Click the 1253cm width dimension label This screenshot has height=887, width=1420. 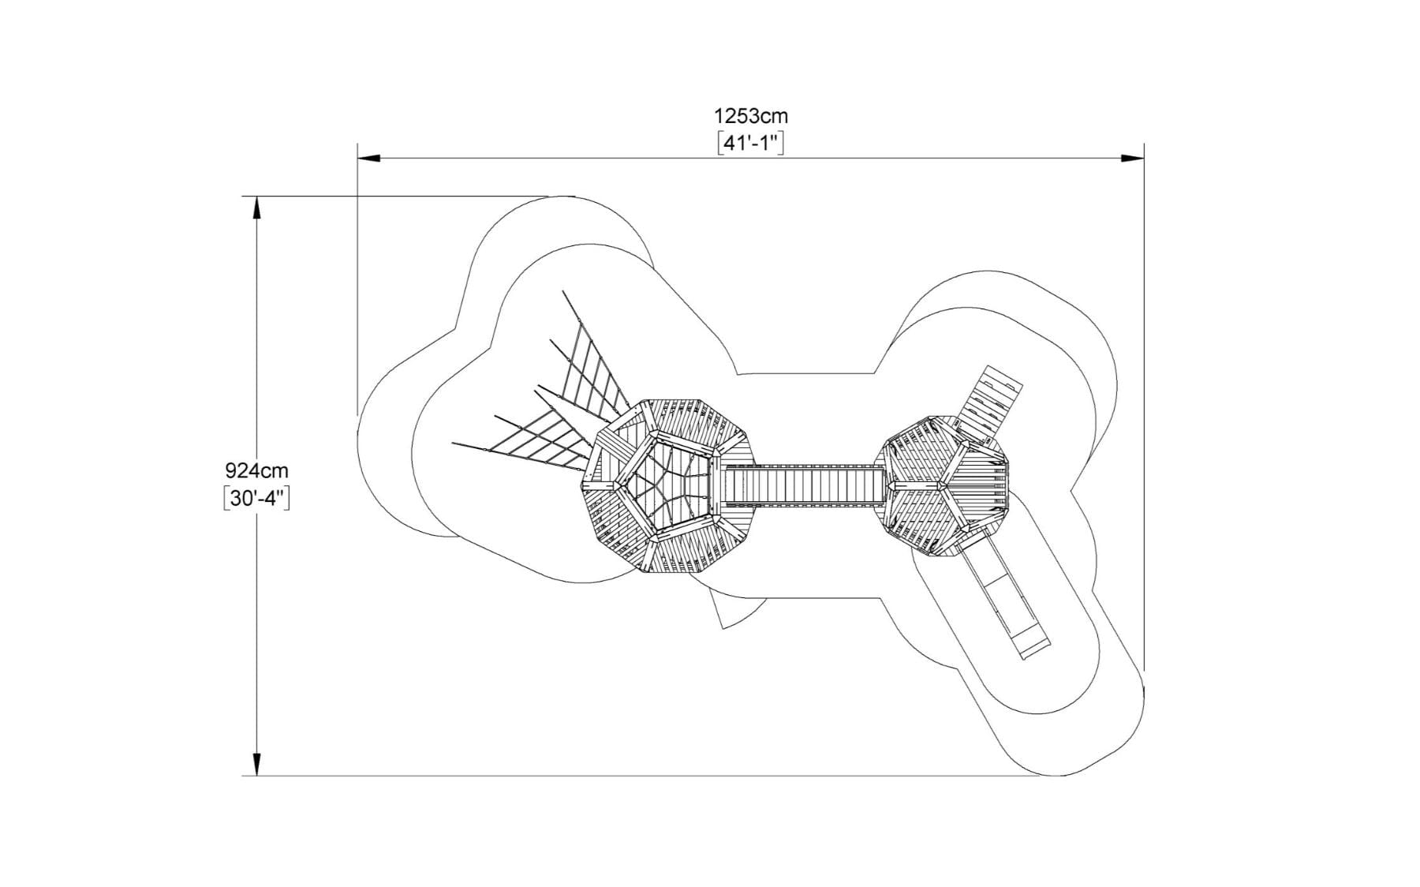coord(750,116)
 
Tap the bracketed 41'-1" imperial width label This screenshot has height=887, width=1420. coord(750,143)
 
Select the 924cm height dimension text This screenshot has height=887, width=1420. coord(257,470)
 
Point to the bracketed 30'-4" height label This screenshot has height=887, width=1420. coord(257,498)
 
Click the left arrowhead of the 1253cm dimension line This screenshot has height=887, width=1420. coord(369,159)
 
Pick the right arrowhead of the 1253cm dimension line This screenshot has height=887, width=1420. coord(1133,159)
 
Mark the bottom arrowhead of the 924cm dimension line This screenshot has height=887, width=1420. coord(256,764)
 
